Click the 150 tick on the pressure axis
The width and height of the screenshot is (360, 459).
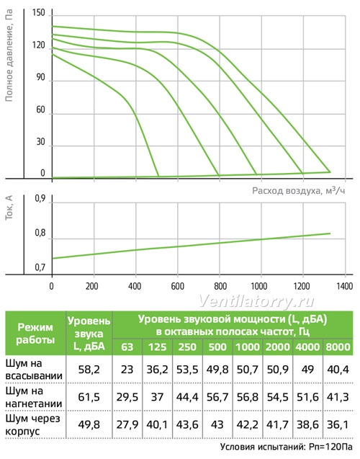[39, 13]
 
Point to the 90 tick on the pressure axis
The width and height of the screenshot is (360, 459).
[40, 78]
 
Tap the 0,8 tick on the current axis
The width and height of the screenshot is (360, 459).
[40, 233]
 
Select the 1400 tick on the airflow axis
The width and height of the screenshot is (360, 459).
[345, 286]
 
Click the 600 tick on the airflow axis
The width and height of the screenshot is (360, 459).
[178, 286]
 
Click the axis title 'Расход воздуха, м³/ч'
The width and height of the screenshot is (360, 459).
[299, 190]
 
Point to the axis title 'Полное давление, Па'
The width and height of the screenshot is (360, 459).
[9, 55]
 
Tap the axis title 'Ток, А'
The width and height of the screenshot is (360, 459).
[9, 208]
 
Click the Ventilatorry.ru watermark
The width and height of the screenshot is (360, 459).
[257, 301]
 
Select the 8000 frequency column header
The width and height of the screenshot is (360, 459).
[338, 347]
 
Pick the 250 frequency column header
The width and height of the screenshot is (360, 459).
[187, 347]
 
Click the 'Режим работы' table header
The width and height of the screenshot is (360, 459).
[35, 334]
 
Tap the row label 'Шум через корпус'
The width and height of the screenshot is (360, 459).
[33, 424]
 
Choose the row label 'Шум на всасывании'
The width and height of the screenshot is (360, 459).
[34, 370]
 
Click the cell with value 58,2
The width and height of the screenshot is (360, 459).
[89, 370]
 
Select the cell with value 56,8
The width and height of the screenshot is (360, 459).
[248, 397]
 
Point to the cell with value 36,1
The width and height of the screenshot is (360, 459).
[338, 424]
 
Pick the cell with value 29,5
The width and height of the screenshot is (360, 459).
[127, 397]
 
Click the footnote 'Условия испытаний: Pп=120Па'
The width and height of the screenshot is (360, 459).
[287, 447]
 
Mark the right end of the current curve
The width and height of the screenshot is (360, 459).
[330, 233]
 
